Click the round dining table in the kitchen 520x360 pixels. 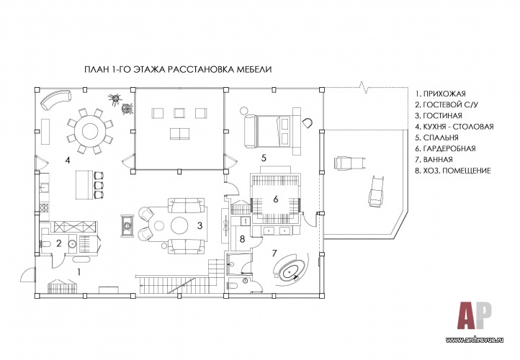coord(90,132)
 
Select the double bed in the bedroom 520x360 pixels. coord(272,131)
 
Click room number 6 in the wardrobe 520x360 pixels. coord(276,199)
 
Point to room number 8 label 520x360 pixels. coord(243,238)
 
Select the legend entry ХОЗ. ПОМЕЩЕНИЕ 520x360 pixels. coord(453,171)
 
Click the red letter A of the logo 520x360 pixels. coord(467,315)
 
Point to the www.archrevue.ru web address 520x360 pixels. coord(475,339)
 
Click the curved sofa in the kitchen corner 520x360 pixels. coord(55,100)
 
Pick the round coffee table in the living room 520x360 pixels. coord(179,225)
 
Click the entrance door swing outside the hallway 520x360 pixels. coord(28,275)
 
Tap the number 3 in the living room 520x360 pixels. coord(200,226)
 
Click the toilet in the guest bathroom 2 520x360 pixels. coord(45,244)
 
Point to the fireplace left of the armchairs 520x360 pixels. coord(127,226)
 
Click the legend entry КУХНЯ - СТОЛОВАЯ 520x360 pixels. coord(454,127)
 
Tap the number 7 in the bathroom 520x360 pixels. coord(274,253)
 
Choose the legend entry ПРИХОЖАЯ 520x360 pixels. coord(440,94)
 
